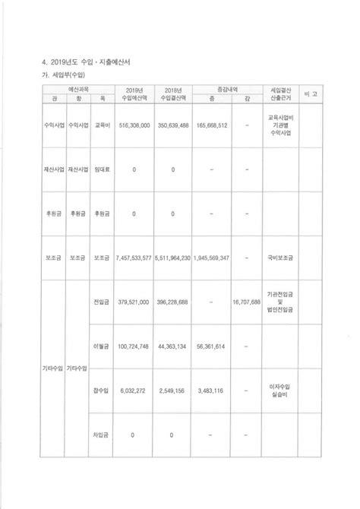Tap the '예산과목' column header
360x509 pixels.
click(x=76, y=90)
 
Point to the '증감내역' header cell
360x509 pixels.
click(x=231, y=90)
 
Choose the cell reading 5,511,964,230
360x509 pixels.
click(x=173, y=258)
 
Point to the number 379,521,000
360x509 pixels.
click(x=134, y=302)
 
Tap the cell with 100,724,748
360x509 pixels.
click(x=134, y=346)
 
